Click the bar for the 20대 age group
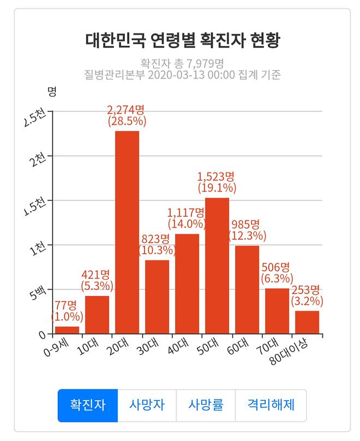click(127, 232)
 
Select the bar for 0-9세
click(67, 330)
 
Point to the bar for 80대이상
click(307, 322)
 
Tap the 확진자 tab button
click(88, 406)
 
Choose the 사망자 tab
click(147, 406)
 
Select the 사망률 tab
click(206, 406)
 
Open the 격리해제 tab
click(271, 406)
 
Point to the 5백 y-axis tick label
click(37, 293)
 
